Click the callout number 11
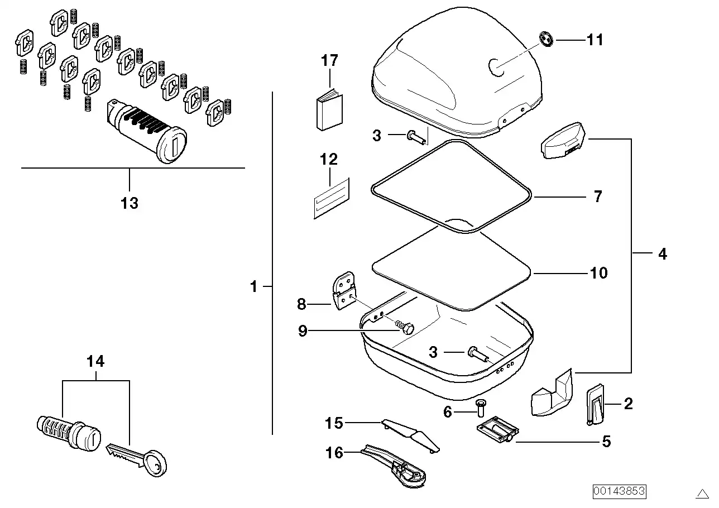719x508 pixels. pos(595,40)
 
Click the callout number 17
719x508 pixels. pos(329,61)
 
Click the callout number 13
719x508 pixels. pos(129,203)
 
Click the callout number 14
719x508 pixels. pos(95,362)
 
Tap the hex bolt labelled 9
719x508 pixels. pos(407,328)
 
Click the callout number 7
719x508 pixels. pos(598,197)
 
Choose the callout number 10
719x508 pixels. pos(598,273)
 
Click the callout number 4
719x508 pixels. pos(663,254)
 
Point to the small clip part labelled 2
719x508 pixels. pos(595,404)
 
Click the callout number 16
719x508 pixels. pos(334,452)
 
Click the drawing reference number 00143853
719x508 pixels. pos(619,491)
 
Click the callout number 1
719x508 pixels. pos(254,287)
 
